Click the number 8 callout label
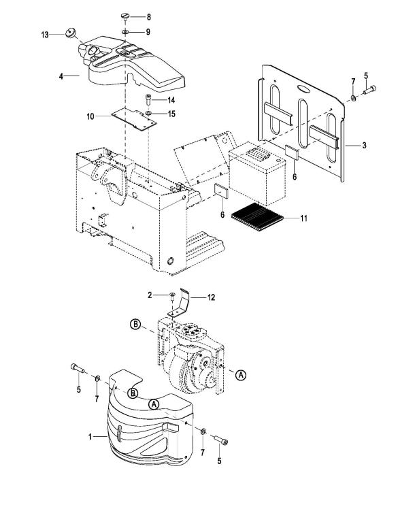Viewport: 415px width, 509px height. pos(148,17)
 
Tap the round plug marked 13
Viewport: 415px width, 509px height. pos(70,33)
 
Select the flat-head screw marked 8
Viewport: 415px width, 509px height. pos(125,16)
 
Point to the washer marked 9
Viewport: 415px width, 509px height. pos(125,32)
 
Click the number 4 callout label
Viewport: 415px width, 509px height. pos(61,77)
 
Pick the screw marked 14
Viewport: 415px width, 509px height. pos(148,99)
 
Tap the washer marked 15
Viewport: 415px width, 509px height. pos(148,113)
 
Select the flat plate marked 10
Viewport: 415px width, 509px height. pos(133,119)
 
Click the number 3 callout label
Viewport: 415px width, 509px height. pos(364,145)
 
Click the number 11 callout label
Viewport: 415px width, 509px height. pos(303,218)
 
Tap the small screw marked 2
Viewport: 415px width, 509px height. pos(171,295)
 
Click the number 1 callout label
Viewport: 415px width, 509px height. pos(90,437)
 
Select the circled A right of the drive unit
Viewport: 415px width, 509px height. pos(241,375)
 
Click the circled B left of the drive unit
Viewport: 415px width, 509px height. pos(135,324)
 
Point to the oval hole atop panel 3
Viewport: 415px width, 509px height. pos(304,88)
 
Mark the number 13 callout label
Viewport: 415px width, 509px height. pos(45,35)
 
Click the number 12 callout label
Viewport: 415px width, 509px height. pos(211,297)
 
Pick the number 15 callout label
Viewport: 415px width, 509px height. pos(171,114)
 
